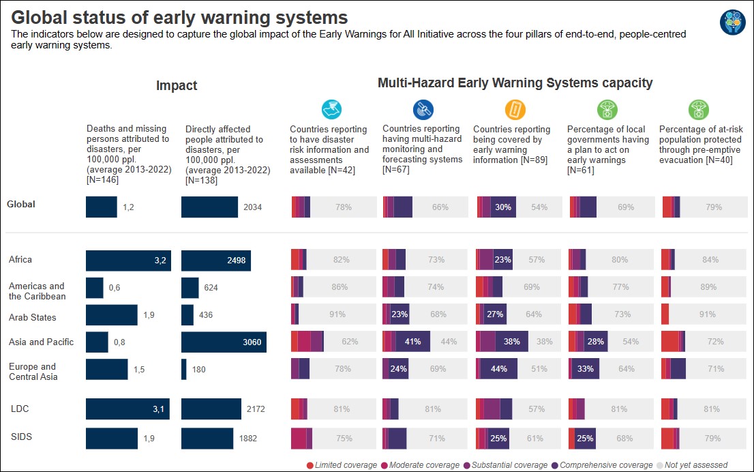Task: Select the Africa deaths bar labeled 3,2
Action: point(128,260)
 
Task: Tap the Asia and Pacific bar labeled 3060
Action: point(224,342)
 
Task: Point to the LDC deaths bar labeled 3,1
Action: point(128,409)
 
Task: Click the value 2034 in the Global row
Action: point(252,207)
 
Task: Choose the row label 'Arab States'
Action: point(33,317)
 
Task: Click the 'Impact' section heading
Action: point(177,85)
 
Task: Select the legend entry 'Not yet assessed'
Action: point(695,465)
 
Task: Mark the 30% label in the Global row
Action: point(503,207)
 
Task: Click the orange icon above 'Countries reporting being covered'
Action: point(515,109)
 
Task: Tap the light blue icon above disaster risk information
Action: point(331,109)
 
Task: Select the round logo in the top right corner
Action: point(732,22)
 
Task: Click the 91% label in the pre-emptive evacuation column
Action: point(708,314)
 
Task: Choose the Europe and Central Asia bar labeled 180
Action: point(184,369)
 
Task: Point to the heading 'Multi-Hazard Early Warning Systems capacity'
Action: point(515,83)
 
